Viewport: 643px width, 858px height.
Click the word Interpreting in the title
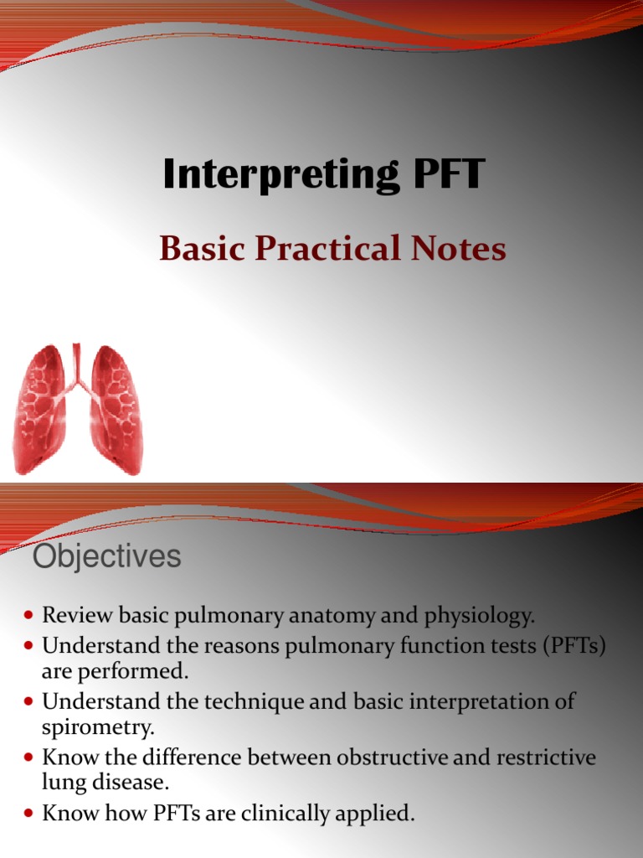[x=265, y=175]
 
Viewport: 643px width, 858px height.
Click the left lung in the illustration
[x=40, y=408]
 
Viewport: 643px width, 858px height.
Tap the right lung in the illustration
[x=115, y=408]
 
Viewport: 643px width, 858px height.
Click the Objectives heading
[x=106, y=556]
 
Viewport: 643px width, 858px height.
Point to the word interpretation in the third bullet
[x=481, y=701]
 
